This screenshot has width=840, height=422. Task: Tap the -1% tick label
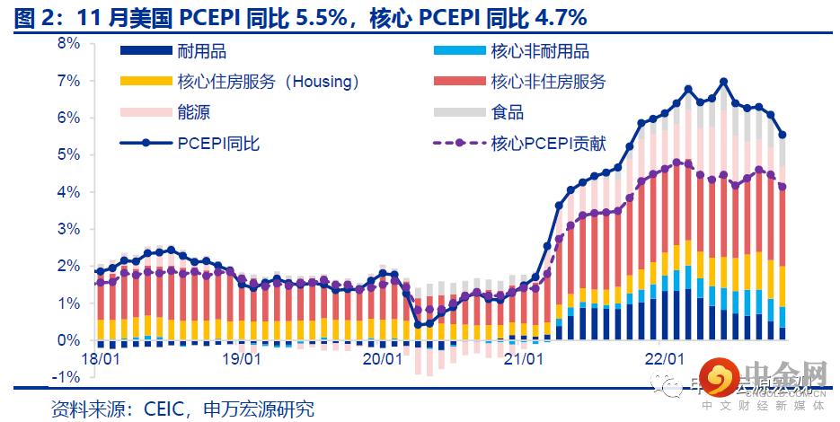tap(68, 377)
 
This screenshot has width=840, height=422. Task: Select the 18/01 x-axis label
tap(100, 359)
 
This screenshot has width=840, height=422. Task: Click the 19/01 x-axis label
tap(240, 359)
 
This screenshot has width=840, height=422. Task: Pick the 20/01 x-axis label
tap(381, 359)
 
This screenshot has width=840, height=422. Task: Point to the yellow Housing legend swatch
tap(145, 83)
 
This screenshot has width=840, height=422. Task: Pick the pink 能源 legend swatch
tap(145, 112)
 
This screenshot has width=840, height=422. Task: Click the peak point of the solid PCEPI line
tap(724, 82)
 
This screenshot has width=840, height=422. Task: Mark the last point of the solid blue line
tap(783, 136)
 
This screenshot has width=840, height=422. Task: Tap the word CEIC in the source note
tap(164, 409)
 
